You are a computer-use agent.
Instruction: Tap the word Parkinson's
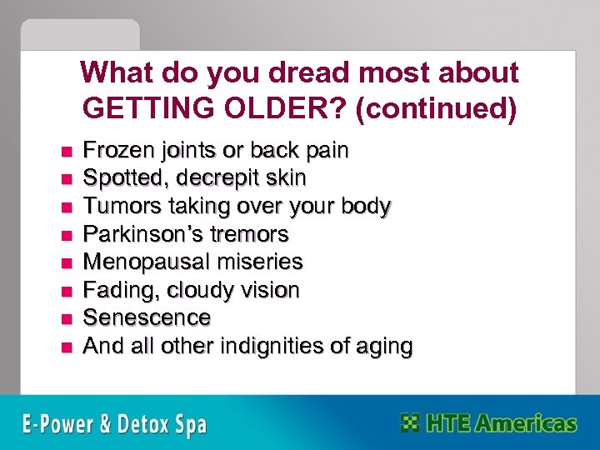tap(138, 234)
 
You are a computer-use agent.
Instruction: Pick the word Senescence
tap(147, 317)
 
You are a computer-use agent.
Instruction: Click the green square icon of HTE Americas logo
tap(409, 422)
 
